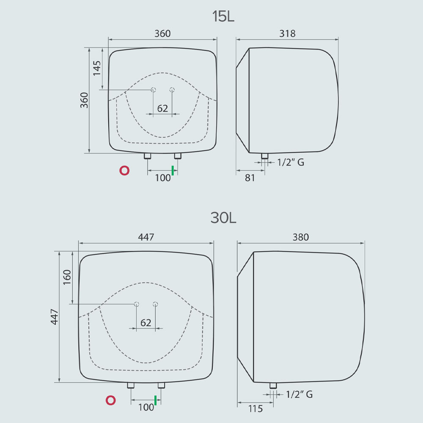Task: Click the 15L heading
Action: [x=223, y=16]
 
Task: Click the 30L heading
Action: [x=223, y=218]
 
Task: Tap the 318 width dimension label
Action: [x=287, y=33]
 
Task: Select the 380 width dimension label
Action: [x=300, y=237]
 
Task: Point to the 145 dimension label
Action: [x=97, y=68]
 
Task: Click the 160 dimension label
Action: [x=67, y=277]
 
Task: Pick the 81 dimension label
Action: [x=250, y=178]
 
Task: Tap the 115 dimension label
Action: [x=255, y=409]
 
